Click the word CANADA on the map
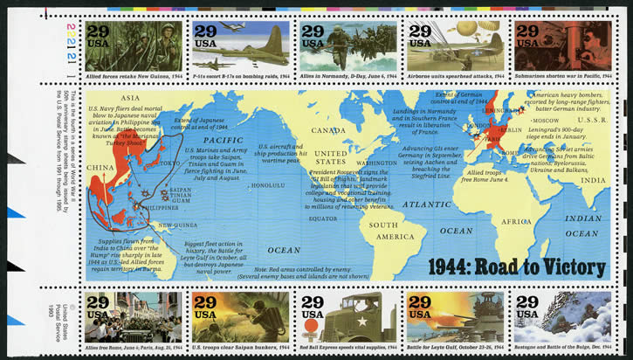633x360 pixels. (331, 131)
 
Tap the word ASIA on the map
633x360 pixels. (131, 98)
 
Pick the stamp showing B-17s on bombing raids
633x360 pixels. (240, 46)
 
